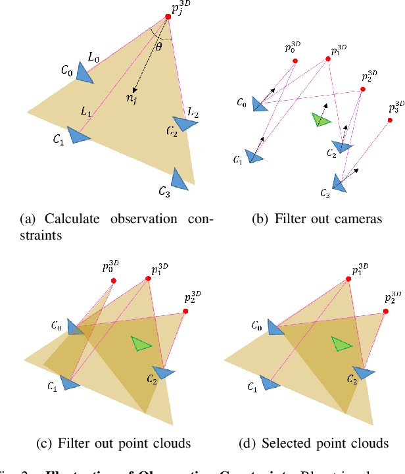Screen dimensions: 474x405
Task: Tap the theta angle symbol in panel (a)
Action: (x=158, y=45)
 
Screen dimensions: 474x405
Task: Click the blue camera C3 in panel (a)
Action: (x=179, y=178)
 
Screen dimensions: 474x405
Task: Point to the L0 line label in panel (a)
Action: (x=93, y=59)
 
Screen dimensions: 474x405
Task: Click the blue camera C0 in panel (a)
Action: (x=85, y=74)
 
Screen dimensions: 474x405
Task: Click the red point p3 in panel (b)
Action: (x=390, y=121)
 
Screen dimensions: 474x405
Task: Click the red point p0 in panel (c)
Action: (x=114, y=280)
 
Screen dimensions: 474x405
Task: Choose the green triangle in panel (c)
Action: (x=141, y=344)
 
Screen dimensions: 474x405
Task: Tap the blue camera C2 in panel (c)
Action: (x=167, y=373)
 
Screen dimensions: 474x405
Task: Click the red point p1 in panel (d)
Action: (x=347, y=279)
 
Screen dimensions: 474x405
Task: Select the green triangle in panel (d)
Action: (x=342, y=344)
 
